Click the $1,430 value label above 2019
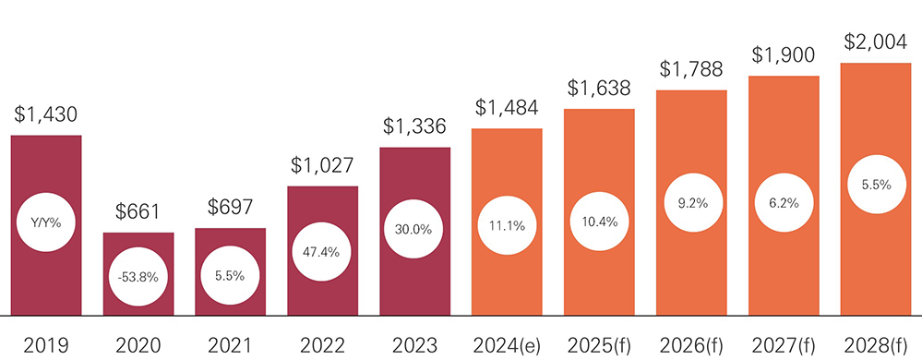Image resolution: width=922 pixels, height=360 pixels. (46, 115)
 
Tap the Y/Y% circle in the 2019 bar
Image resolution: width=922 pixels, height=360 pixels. (46, 222)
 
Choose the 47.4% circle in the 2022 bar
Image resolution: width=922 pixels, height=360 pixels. (323, 252)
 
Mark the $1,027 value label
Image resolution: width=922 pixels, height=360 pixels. (323, 167)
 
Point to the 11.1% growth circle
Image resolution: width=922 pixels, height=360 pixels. (507, 224)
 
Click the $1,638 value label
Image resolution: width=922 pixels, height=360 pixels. (599, 90)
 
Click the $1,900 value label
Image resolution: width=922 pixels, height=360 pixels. (784, 56)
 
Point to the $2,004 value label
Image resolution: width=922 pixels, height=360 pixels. (875, 43)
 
